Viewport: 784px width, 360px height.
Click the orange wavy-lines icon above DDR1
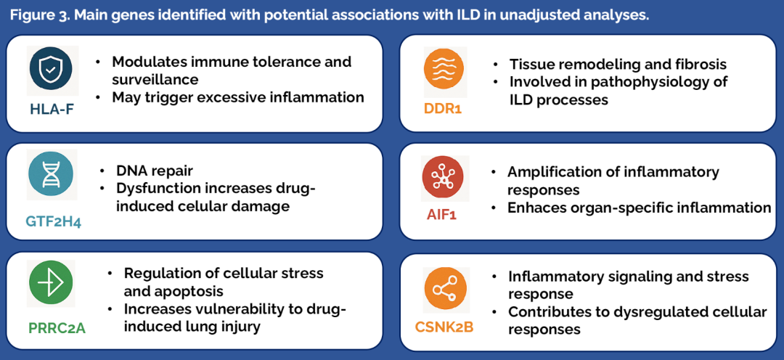(444, 69)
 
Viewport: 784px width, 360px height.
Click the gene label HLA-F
(52, 110)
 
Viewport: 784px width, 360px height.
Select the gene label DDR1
(444, 109)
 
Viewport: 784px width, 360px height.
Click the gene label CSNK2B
(444, 327)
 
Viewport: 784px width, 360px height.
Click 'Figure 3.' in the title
(41, 15)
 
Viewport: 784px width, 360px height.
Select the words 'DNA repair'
(154, 171)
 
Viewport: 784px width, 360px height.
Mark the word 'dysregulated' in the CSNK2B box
(666, 312)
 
